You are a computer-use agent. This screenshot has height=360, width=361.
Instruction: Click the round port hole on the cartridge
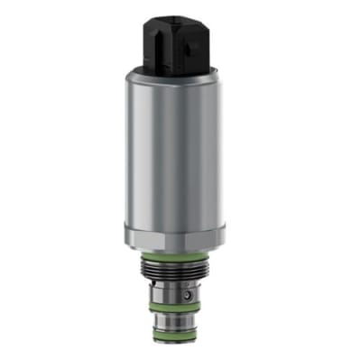pos(186,294)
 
